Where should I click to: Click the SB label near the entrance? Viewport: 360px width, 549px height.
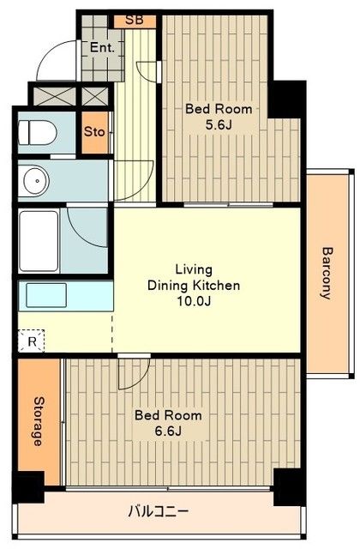pyautogui.click(x=135, y=20)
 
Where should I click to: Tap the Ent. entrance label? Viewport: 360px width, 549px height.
pyautogui.click(x=102, y=48)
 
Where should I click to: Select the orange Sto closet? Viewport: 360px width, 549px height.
pyautogui.click(x=95, y=132)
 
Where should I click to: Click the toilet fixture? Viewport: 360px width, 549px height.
pyautogui.click(x=38, y=132)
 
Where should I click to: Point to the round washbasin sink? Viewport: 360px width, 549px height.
pyautogui.click(x=36, y=181)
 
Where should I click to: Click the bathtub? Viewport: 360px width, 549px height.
pyautogui.click(x=39, y=240)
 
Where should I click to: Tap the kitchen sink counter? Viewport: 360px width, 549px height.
pyautogui.click(x=65, y=295)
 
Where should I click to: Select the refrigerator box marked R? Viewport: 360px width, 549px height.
pyautogui.click(x=32, y=341)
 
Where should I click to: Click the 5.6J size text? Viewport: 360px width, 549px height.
pyautogui.click(x=219, y=125)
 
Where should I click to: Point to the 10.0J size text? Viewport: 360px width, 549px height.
pyautogui.click(x=195, y=301)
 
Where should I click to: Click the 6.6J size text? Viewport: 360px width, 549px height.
pyautogui.click(x=168, y=431)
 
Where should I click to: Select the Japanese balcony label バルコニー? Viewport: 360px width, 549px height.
pyautogui.click(x=159, y=511)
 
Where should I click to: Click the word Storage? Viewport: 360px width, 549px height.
pyautogui.click(x=38, y=421)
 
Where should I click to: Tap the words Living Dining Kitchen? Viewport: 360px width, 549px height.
pyautogui.click(x=194, y=277)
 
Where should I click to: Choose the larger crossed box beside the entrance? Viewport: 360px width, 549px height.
pyautogui.click(x=54, y=95)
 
